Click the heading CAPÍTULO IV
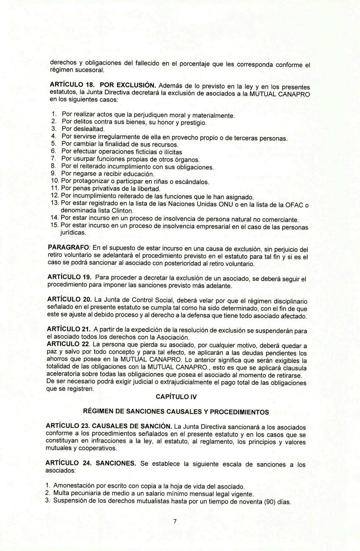coord(176,397)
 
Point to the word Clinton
coord(123,211)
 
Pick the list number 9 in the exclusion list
coord(53,174)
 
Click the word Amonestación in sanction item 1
coord(75,486)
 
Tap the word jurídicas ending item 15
coord(73,233)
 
